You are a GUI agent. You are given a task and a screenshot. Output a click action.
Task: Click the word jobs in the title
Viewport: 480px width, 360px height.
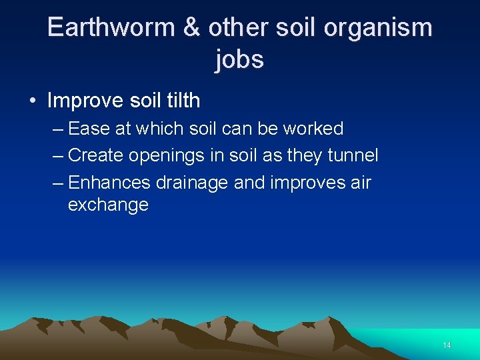[x=240, y=59]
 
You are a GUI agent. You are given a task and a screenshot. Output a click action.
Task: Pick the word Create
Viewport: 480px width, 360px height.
[x=96, y=155]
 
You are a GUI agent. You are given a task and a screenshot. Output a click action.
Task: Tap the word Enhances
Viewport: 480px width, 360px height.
[x=109, y=182]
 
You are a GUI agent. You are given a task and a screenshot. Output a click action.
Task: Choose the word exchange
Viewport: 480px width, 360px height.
[x=108, y=205]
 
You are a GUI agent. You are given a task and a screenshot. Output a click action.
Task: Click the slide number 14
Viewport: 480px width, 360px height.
[x=447, y=345]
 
